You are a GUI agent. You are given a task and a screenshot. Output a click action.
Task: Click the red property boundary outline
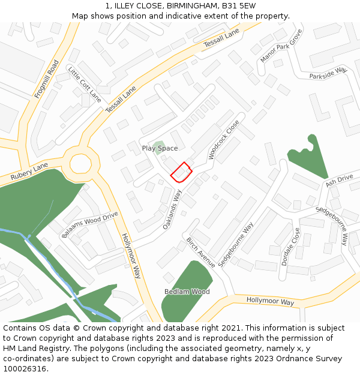(181, 172)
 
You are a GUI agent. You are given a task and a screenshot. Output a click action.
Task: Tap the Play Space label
(160, 148)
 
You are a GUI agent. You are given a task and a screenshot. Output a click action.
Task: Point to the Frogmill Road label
(47, 79)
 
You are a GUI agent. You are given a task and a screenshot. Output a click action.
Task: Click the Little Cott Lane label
(85, 85)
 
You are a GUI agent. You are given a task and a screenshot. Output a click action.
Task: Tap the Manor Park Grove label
(281, 46)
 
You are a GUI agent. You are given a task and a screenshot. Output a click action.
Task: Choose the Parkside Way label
(328, 74)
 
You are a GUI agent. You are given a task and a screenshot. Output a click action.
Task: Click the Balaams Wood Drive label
(90, 225)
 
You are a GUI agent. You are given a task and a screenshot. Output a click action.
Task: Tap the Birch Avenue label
(200, 252)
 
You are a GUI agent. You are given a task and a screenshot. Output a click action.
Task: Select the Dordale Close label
(290, 247)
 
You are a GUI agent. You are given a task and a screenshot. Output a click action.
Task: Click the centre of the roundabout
(80, 163)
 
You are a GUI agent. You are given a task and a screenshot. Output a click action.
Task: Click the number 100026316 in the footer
(24, 368)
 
